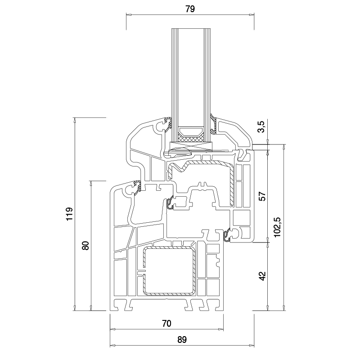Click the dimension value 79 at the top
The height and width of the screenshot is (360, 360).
(x=190, y=9)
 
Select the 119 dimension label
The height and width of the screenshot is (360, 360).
(x=69, y=214)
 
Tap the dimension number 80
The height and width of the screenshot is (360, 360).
(x=85, y=246)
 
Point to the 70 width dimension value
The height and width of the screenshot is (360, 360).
(x=166, y=324)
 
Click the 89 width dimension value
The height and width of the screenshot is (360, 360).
(x=182, y=340)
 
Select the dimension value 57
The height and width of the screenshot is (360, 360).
(x=262, y=196)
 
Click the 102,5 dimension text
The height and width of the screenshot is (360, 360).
(x=278, y=227)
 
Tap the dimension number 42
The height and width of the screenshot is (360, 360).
(x=262, y=276)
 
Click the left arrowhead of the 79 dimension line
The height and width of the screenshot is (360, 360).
(x=129, y=15)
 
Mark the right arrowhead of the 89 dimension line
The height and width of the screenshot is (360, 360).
(x=252, y=345)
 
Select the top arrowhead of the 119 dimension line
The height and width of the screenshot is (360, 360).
(x=74, y=120)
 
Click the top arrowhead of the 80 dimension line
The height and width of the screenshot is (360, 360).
(x=91, y=184)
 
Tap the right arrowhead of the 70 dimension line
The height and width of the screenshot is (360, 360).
(x=221, y=329)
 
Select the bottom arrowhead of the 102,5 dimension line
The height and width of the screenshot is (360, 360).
(x=284, y=308)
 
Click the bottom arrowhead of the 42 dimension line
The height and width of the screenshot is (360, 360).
(x=268, y=308)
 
